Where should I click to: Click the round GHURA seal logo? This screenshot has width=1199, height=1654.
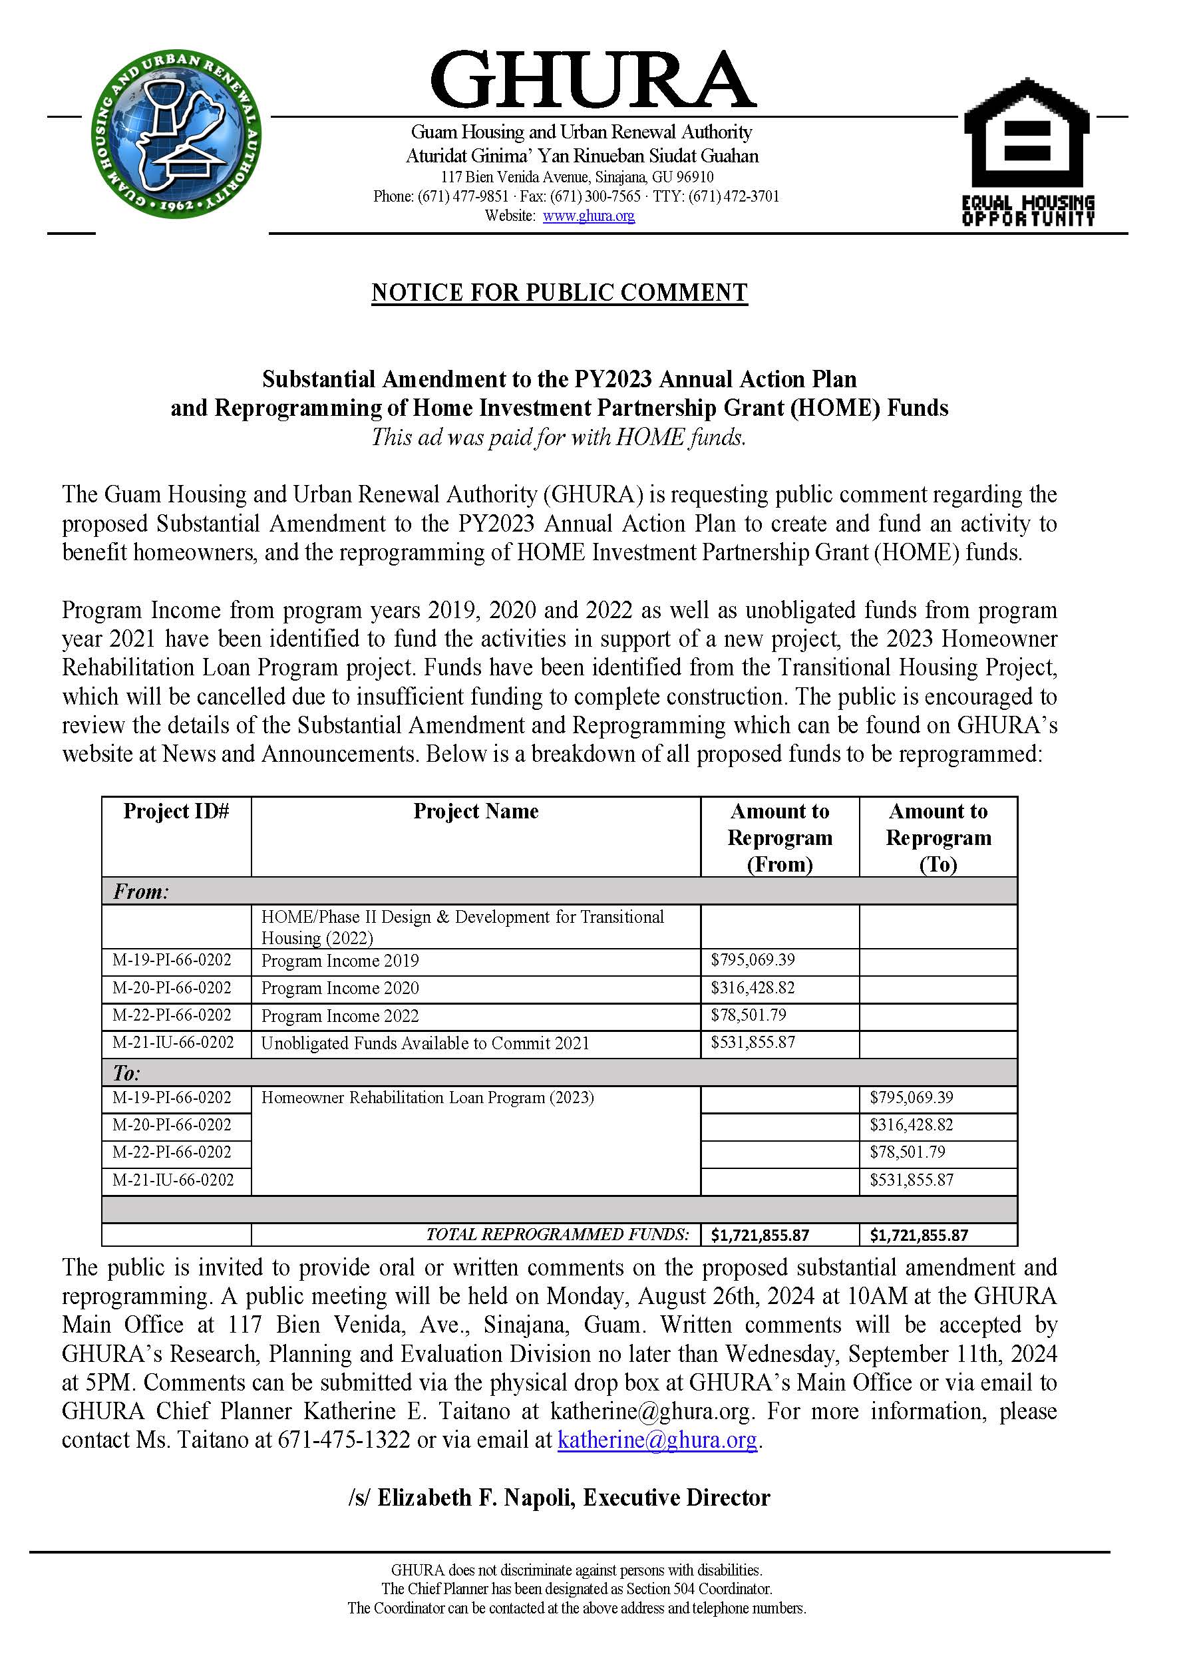pyautogui.click(x=176, y=136)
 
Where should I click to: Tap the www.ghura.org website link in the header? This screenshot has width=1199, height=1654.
pyautogui.click(x=589, y=216)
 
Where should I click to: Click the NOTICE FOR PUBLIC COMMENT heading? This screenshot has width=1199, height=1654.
pyautogui.click(x=560, y=293)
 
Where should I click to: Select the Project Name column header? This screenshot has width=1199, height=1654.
pyautogui.click(x=476, y=812)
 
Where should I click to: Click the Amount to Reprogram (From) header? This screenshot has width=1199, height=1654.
pyautogui.click(x=780, y=837)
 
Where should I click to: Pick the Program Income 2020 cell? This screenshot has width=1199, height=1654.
pyautogui.click(x=340, y=988)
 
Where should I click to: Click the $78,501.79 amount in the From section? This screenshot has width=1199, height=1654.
pyautogui.click(x=749, y=1015)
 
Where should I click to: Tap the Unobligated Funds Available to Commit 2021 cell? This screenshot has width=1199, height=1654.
pyautogui.click(x=425, y=1043)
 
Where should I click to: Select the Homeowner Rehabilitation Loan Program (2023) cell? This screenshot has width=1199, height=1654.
pyautogui.click(x=427, y=1098)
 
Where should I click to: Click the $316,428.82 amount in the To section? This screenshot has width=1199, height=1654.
pyautogui.click(x=911, y=1124)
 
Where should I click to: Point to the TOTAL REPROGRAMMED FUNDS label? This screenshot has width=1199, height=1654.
pyautogui.click(x=557, y=1234)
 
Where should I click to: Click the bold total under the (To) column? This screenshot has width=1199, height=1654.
pyautogui.click(x=919, y=1235)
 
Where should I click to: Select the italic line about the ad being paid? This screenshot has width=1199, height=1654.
pyautogui.click(x=559, y=437)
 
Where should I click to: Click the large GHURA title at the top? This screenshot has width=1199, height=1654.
pyautogui.click(x=593, y=81)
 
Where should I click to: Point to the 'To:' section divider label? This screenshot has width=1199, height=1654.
pyautogui.click(x=126, y=1073)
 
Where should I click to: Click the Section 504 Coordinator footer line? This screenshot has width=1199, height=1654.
pyautogui.click(x=576, y=1588)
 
